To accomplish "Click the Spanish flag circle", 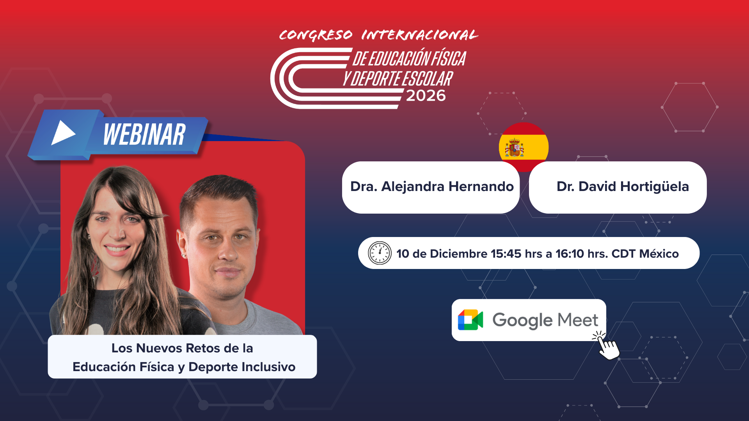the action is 524,147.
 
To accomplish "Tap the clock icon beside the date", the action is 380,253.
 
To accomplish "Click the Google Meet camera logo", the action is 470,320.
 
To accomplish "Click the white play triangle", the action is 62,133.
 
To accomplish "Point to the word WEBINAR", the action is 144,134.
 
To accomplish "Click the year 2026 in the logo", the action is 426,96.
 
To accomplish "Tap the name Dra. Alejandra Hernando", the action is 432,186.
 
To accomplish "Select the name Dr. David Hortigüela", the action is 623,186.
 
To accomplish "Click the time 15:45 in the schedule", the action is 506,253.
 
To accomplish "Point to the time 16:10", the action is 570,253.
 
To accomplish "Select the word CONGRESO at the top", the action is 316,35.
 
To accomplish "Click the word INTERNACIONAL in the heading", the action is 420,35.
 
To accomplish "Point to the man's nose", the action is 227,251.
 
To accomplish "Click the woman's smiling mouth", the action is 117,248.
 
